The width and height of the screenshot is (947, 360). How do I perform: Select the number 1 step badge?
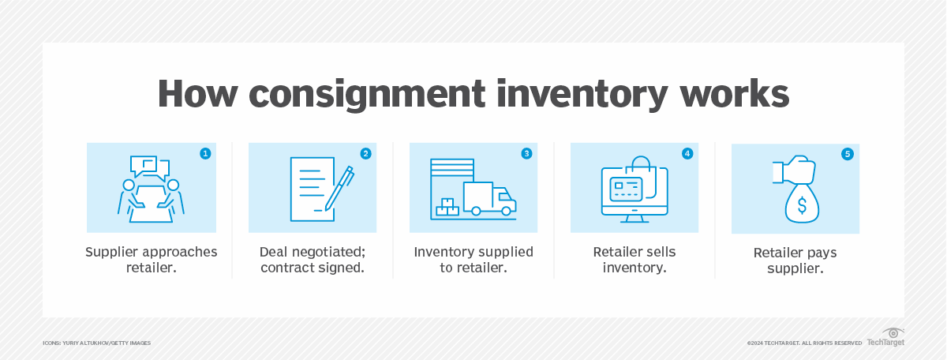point(206,154)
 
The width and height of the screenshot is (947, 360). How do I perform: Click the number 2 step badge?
point(365,154)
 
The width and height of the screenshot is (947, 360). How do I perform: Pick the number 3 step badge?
point(526,154)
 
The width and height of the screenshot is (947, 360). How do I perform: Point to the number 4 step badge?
point(687,154)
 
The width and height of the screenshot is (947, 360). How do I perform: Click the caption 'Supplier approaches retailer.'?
point(152,260)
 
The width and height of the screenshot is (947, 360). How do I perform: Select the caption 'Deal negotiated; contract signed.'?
point(313,260)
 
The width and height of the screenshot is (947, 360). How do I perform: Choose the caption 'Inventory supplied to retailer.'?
point(473,260)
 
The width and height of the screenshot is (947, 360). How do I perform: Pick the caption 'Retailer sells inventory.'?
point(634,260)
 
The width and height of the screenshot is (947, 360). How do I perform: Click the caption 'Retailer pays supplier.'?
point(795,261)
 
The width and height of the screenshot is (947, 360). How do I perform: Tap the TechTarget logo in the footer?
point(885,338)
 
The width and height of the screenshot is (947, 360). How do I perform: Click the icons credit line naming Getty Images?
point(96,343)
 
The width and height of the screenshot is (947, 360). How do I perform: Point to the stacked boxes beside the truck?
point(447,206)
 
